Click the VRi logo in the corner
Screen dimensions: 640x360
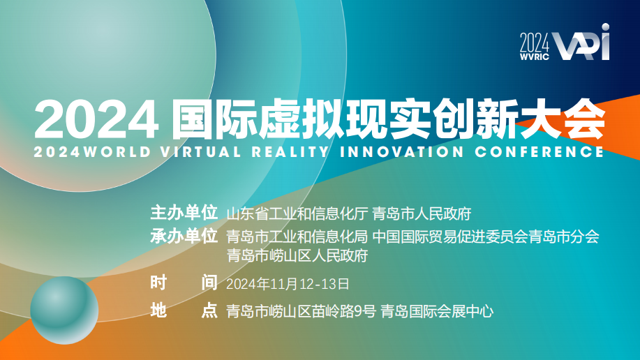(581, 43)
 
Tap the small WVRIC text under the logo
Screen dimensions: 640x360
(535, 57)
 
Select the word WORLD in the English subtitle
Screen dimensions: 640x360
(117, 152)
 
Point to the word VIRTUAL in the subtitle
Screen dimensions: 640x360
(201, 152)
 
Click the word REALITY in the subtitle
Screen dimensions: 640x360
(290, 152)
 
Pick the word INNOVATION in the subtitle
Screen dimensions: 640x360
(402, 152)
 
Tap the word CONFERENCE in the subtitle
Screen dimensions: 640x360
(539, 152)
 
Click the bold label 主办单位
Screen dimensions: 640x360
(184, 213)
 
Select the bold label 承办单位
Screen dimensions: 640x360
(184, 236)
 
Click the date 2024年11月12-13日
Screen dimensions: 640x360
(288, 284)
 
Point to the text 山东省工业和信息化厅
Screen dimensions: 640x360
(297, 213)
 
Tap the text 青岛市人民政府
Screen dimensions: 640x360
(422, 213)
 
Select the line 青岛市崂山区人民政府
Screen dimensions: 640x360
(297, 255)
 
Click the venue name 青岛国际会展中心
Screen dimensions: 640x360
(437, 312)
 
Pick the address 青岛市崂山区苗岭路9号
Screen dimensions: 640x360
(301, 312)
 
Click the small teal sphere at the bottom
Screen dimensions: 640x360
(64, 310)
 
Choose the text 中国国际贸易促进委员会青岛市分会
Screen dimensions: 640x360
(486, 237)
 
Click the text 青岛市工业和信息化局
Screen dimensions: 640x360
(297, 237)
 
